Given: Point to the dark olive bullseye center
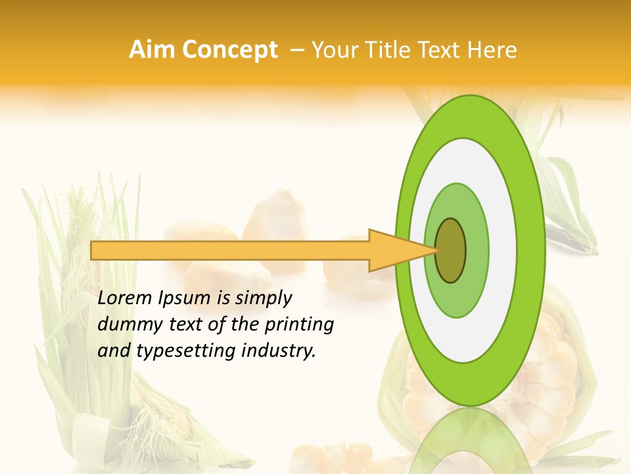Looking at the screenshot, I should pos(450,250).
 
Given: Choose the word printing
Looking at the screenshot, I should pos(299,325).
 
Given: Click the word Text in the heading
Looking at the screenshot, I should pos(442,50).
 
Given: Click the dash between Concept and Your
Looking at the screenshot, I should pos(296,50).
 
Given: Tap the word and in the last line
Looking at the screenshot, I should pos(113,351).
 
